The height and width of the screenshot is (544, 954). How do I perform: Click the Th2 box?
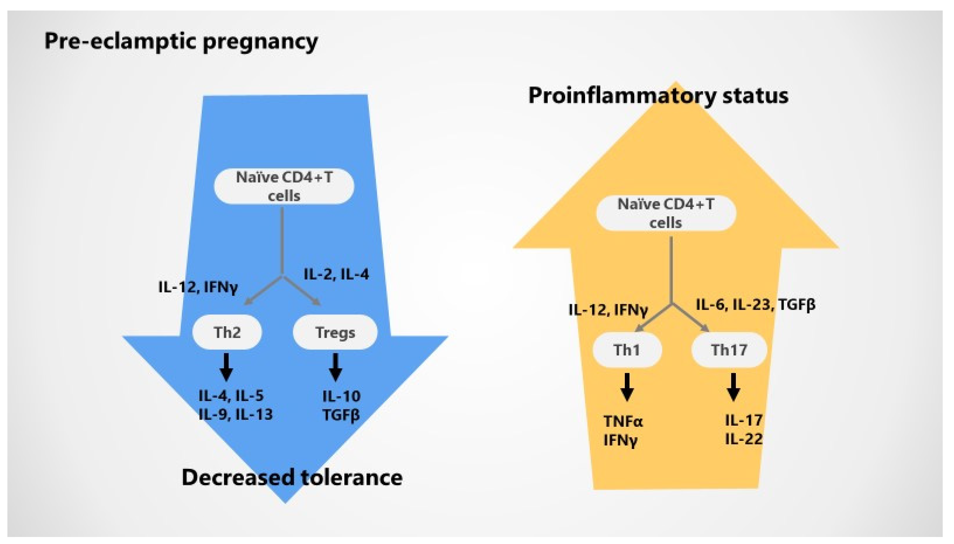click(227, 332)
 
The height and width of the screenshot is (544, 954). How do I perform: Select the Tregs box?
click(335, 332)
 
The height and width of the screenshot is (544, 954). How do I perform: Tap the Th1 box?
click(627, 350)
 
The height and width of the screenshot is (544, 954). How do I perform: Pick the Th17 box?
click(729, 350)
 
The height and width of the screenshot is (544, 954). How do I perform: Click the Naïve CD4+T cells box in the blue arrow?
click(284, 186)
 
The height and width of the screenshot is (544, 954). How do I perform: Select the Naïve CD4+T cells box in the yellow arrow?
click(666, 213)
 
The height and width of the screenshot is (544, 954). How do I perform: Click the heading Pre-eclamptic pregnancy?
click(181, 41)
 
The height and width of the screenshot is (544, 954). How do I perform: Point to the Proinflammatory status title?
click(658, 95)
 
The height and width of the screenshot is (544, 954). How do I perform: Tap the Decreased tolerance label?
click(292, 477)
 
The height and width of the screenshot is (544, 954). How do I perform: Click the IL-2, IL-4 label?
click(336, 274)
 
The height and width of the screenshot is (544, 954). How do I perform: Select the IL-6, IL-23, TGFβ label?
click(755, 305)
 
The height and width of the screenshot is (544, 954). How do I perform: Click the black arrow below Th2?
click(226, 367)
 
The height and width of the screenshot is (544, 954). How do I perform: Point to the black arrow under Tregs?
click(335, 367)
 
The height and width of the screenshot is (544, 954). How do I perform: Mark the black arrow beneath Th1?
click(627, 387)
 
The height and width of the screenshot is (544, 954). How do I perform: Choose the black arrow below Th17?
click(734, 387)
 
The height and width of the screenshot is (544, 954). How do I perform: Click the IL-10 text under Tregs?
click(341, 396)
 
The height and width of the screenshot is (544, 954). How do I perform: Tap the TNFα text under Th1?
click(623, 421)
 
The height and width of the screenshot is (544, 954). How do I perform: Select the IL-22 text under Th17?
click(744, 439)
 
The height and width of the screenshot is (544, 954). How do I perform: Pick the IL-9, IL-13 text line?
click(236, 414)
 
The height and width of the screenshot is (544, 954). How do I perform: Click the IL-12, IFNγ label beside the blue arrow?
click(198, 287)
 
